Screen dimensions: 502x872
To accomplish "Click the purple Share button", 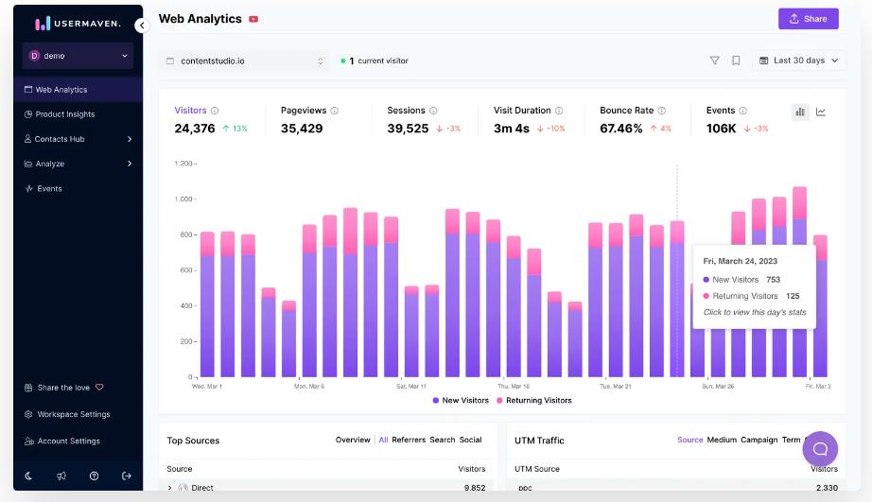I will [x=808, y=19].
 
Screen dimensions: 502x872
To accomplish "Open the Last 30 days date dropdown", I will [x=798, y=61].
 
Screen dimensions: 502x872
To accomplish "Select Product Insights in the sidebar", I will [x=64, y=114].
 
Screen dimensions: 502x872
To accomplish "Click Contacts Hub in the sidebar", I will [x=60, y=139].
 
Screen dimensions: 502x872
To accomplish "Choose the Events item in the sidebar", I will [x=49, y=188].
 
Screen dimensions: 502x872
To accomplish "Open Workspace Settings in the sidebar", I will [x=73, y=414].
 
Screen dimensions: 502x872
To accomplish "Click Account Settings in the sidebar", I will [x=68, y=441].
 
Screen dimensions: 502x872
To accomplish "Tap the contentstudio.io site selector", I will [x=245, y=61].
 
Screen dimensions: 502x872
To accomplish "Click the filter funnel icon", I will [x=715, y=61].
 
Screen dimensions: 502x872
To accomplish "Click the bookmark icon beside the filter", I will [x=736, y=61].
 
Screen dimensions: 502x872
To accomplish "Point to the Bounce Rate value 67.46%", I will [x=621, y=129].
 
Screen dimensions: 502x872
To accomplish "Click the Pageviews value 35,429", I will [x=302, y=129].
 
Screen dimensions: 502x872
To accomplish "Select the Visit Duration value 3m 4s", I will [x=512, y=129].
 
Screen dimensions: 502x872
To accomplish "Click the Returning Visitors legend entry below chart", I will [x=533, y=400].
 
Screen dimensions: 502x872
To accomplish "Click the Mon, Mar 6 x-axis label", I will [x=309, y=386].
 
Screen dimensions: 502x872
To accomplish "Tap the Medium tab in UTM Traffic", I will [x=722, y=440].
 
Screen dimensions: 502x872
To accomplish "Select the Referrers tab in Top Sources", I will [x=409, y=440].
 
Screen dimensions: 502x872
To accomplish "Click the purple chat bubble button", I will [x=820, y=448].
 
